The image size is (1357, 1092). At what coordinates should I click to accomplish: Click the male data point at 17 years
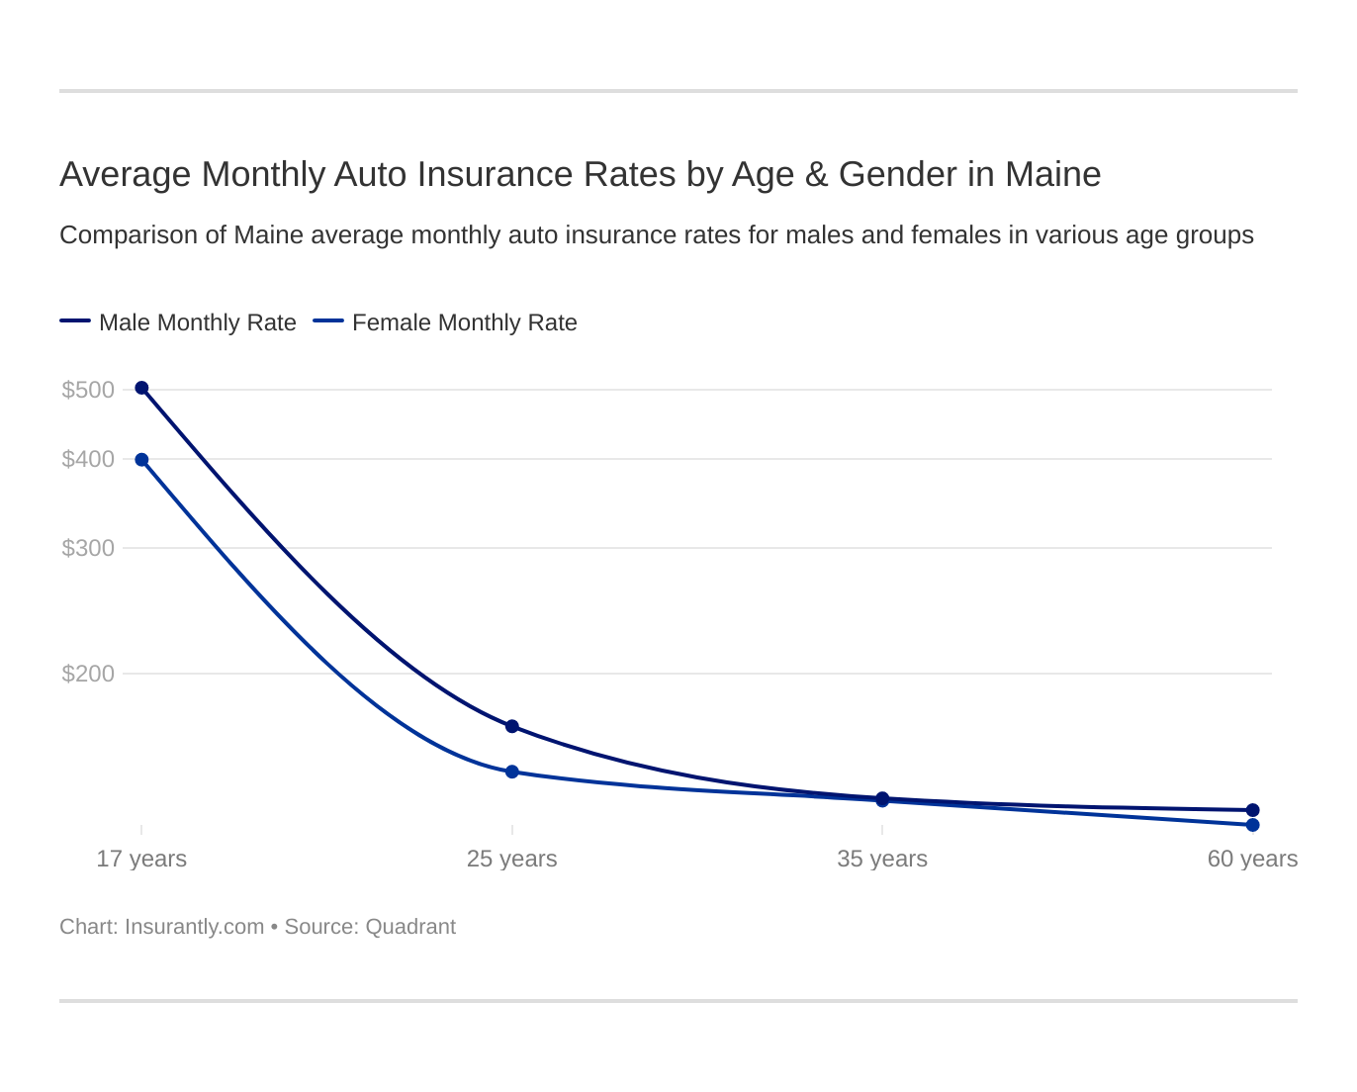141,388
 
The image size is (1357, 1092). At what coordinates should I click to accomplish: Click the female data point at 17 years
141,460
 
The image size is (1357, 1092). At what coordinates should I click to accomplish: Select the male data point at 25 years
512,726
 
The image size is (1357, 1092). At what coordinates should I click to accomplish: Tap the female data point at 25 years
512,772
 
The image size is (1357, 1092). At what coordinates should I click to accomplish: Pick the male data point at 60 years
1252,810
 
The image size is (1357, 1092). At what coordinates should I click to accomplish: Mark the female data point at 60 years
1252,825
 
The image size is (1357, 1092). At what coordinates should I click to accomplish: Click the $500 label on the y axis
88,390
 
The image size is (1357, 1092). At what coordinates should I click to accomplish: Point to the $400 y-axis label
88,459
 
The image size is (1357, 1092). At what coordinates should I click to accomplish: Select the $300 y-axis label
88,548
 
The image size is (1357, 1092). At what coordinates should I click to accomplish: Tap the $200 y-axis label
88,674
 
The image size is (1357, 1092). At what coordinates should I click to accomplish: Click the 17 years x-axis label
141,859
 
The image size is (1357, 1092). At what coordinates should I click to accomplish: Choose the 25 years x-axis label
511,859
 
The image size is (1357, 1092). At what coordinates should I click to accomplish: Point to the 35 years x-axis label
881,859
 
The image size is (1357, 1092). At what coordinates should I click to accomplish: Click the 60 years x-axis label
1251,859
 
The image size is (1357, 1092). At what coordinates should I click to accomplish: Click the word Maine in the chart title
1052,174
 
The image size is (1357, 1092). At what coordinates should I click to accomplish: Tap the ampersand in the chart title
816,174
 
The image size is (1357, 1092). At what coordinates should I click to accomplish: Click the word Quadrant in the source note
410,927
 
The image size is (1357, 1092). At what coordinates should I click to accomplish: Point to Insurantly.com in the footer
194,927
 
